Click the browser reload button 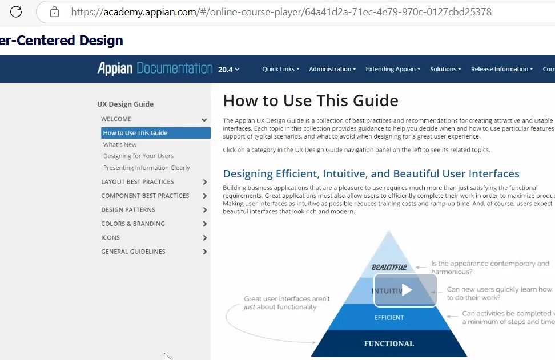[x=16, y=11]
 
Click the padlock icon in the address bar [x=54, y=12]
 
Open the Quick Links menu [x=280, y=69]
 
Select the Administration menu [x=332, y=69]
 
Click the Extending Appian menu [x=392, y=69]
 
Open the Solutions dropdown [x=445, y=69]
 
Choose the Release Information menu [x=501, y=69]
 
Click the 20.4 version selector [x=228, y=70]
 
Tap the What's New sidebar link [x=120, y=145]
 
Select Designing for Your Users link [x=138, y=156]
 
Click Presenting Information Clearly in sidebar [x=147, y=168]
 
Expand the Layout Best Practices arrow [x=204, y=182]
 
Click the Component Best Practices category [x=145, y=196]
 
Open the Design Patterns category [x=128, y=210]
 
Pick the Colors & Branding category [x=133, y=224]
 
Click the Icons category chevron [x=204, y=238]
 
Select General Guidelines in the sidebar [x=133, y=252]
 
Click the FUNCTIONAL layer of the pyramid [x=389, y=343]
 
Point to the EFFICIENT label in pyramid [x=389, y=318]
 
